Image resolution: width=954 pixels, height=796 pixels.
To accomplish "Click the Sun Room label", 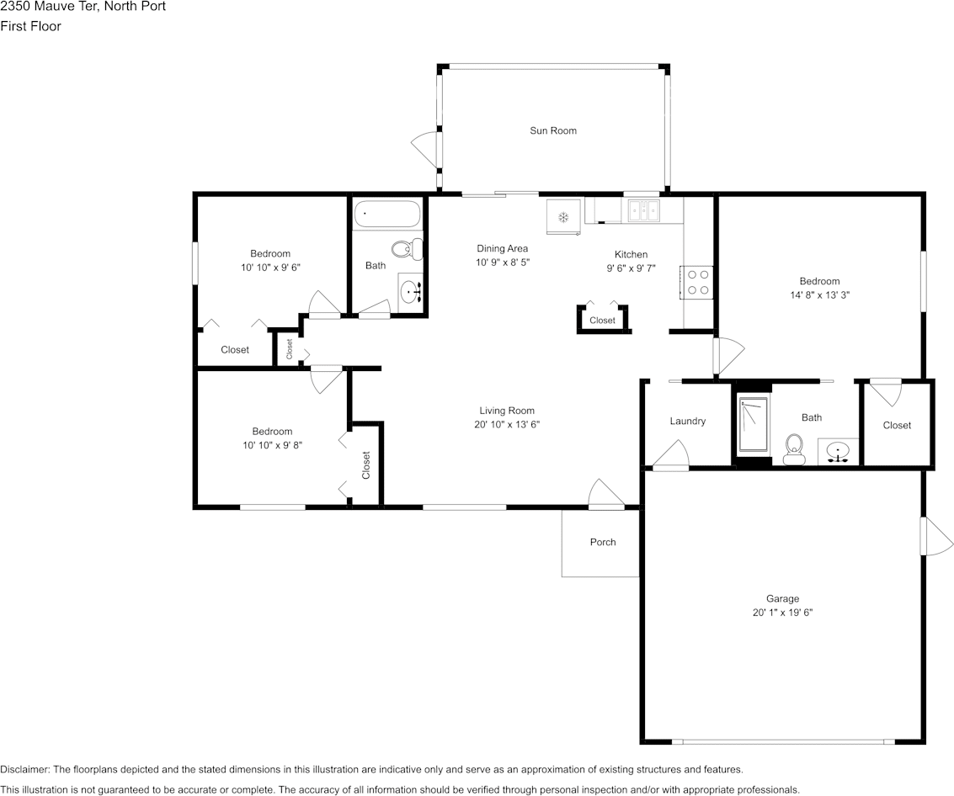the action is pos(553,130).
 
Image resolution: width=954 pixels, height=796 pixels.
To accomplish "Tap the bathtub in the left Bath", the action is pos(387,214).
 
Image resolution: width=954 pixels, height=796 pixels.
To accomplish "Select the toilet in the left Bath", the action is pos(408,249).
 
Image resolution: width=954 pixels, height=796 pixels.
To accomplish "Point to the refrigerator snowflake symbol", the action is pos(563,216).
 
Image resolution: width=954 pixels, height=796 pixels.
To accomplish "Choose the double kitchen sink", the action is pos(643,211).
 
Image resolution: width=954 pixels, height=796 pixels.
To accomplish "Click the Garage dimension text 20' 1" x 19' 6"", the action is pos(782,613).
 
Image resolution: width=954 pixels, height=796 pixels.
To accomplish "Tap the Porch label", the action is pos(603,543).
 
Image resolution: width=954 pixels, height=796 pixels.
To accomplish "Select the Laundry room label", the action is pos(688,421).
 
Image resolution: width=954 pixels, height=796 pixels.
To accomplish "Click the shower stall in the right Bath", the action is pos(754,425).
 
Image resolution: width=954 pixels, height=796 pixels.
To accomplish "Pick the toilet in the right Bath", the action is pos(793,449).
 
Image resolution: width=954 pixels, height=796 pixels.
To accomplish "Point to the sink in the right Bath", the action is pos(838,452).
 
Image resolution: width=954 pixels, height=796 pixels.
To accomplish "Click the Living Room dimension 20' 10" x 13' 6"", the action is pos(507,424).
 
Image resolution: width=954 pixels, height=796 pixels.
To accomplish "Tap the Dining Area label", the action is pos(502,248).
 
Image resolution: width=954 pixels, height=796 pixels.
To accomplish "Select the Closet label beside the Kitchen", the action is pos(602,321).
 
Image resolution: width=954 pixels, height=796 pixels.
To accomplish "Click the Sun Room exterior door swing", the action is pos(425,149).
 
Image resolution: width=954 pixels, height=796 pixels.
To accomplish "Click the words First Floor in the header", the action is pos(30,26).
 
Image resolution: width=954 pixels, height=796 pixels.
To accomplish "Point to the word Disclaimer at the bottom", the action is pos(25,769).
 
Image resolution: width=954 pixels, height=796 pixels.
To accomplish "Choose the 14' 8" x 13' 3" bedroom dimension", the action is pos(819,295).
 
